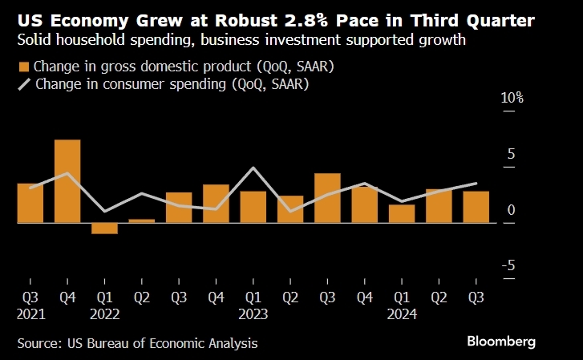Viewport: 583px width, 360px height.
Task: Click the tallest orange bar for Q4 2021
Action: (x=67, y=181)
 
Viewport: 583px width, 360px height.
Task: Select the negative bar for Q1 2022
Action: (x=104, y=229)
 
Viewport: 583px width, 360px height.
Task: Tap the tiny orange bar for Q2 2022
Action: (x=141, y=220)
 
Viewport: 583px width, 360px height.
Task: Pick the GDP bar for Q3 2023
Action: (x=327, y=198)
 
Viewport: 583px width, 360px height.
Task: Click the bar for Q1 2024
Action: (x=402, y=213)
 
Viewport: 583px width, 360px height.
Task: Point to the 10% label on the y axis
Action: (x=512, y=98)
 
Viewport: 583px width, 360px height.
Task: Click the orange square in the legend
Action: (x=24, y=66)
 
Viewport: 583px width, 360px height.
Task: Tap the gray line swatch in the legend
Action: (x=24, y=83)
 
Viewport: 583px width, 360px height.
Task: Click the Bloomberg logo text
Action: (x=501, y=341)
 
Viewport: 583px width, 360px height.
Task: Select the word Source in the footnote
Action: (x=38, y=343)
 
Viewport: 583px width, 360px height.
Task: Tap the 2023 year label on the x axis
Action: (x=253, y=313)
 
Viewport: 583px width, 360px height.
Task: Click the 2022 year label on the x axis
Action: (x=104, y=313)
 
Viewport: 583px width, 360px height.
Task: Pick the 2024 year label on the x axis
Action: (x=402, y=313)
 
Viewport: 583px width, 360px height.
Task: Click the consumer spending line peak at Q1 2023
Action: (x=253, y=168)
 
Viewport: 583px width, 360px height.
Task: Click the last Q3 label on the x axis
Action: (x=476, y=297)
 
